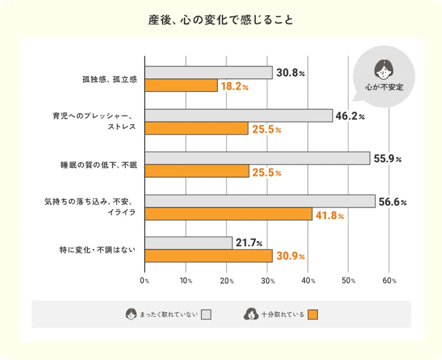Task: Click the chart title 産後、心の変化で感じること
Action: pos(220,21)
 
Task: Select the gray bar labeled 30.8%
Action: pos(208,72)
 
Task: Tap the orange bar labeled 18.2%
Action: pos(181,85)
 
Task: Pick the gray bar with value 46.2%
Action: pos(238,115)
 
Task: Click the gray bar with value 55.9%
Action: pos(257,158)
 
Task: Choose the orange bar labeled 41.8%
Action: pos(228,214)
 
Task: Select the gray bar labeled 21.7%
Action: pos(188,243)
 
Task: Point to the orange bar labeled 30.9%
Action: pos(208,256)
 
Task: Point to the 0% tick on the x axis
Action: pos(145,281)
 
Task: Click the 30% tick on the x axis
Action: pos(267,281)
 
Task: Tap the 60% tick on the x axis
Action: pos(389,281)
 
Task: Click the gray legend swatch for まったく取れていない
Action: pos(206,315)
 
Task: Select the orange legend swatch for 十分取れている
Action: pos(313,315)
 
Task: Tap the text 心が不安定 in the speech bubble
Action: pos(384,87)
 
